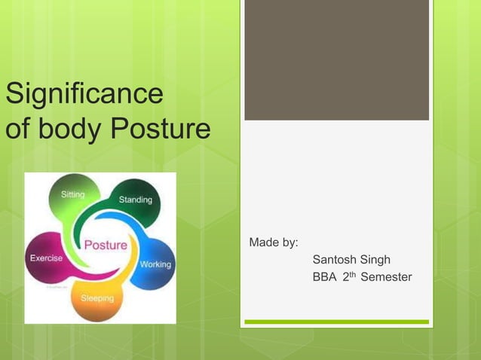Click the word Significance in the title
tap(84, 96)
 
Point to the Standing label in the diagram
tap(135, 200)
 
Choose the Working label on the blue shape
tap(155, 264)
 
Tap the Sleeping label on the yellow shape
tap(97, 298)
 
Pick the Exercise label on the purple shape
tap(46, 258)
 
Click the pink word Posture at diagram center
tap(105, 245)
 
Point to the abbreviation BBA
tap(324, 277)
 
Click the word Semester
tap(386, 277)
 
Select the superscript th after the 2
tap(352, 274)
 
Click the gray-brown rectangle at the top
tap(336, 59)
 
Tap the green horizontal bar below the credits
tap(336, 322)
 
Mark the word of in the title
tap(17, 130)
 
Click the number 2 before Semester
tap(345, 277)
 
